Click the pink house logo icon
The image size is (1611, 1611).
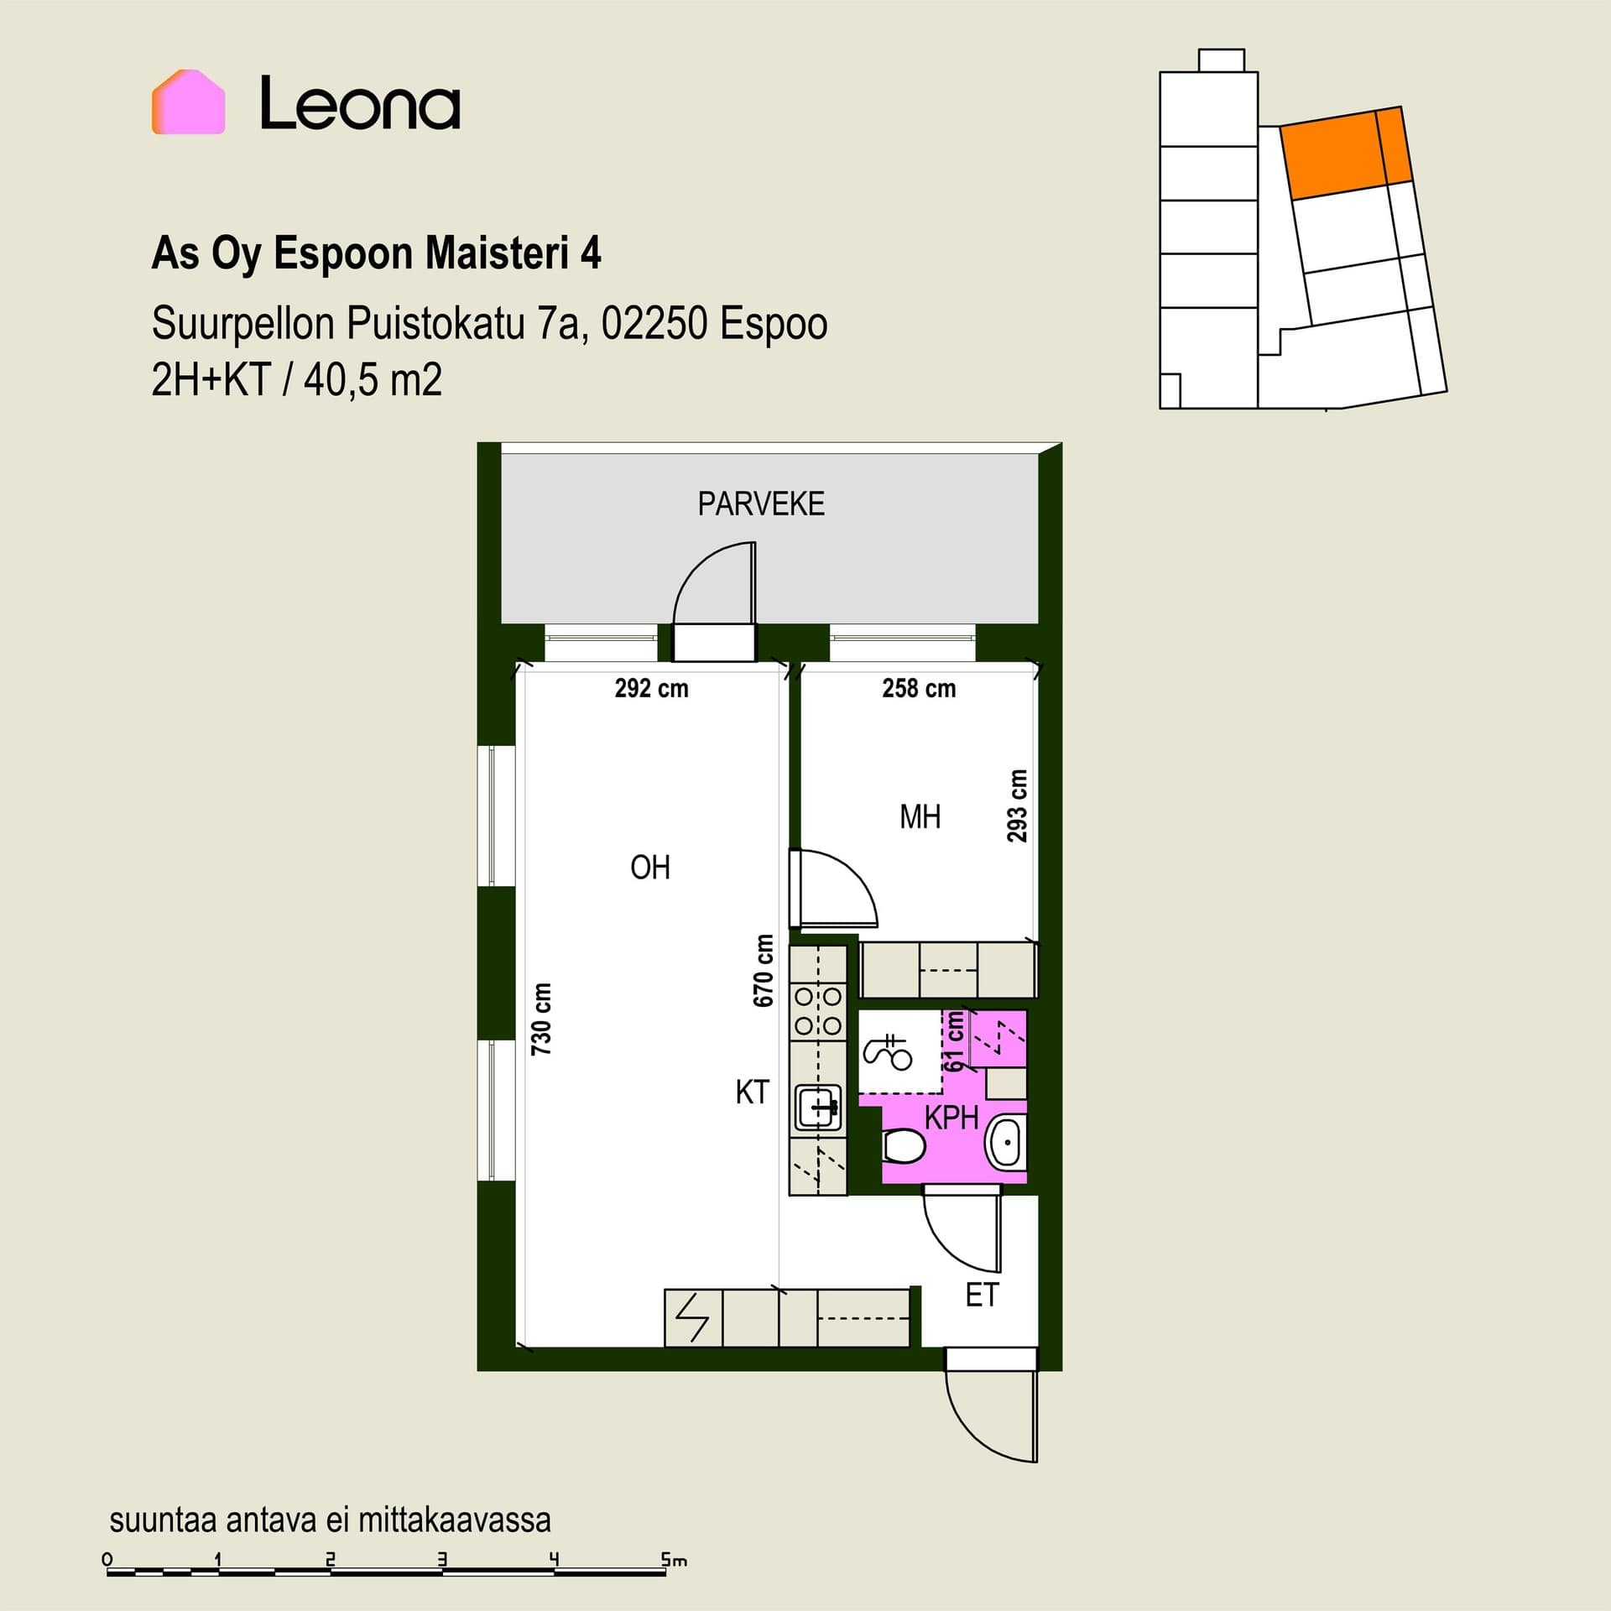(188, 102)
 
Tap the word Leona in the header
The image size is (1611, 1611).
(360, 103)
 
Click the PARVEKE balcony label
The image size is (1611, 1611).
(761, 503)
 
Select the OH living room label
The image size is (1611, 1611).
(650, 868)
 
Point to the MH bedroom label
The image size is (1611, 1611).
(920, 816)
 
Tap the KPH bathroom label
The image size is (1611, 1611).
(951, 1118)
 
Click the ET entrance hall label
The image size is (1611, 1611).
(982, 1296)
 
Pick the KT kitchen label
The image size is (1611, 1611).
(752, 1092)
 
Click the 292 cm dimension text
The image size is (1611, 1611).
(651, 688)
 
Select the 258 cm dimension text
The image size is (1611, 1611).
(919, 688)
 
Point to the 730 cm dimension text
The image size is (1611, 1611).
(541, 1019)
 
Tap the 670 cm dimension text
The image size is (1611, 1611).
(763, 970)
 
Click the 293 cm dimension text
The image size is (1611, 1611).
(1017, 805)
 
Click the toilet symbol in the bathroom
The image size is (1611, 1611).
(904, 1146)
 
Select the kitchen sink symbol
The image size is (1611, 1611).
(818, 1108)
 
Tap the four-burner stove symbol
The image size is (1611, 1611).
(818, 1011)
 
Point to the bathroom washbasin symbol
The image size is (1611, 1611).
(1005, 1142)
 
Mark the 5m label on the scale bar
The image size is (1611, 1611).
(674, 1561)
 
